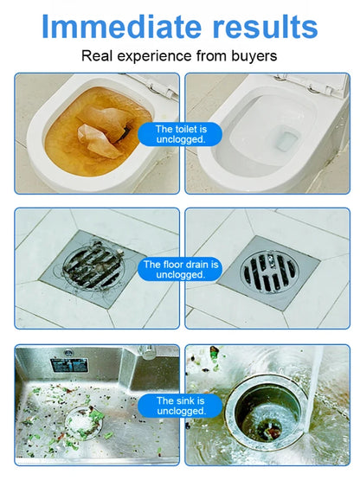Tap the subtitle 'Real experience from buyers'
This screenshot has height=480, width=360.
(180, 56)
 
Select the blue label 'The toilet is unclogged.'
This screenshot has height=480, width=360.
(180, 134)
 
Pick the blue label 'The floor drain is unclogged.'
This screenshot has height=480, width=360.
(180, 269)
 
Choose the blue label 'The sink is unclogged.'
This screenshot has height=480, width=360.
(180, 406)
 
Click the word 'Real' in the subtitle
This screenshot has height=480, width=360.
(97, 56)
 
